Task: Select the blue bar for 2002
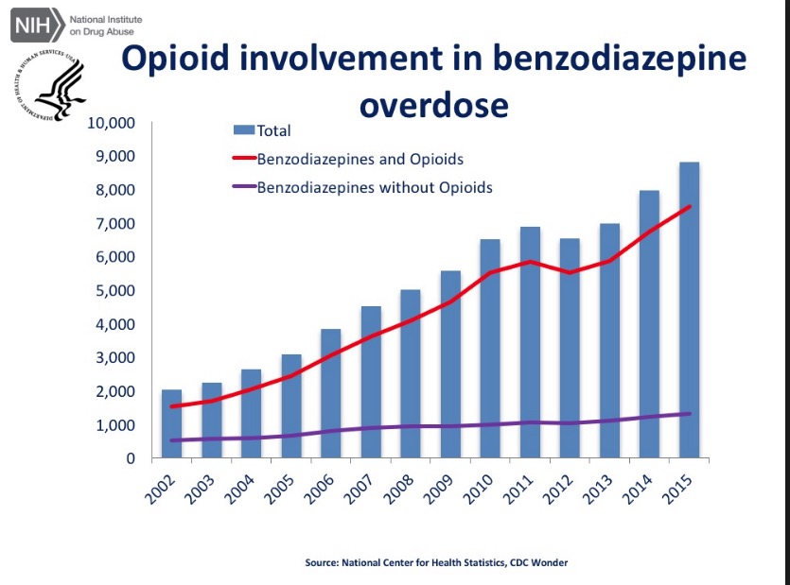click(x=172, y=424)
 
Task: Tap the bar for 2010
click(x=490, y=350)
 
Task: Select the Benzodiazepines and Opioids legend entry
click(x=360, y=159)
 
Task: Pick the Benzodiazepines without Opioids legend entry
click(x=375, y=186)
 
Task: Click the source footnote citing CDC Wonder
click(x=436, y=562)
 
